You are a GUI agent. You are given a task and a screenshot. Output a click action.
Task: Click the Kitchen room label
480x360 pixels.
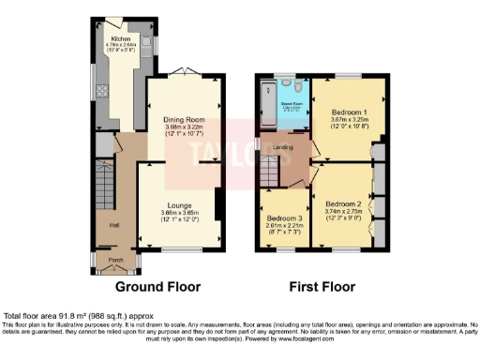[120, 39]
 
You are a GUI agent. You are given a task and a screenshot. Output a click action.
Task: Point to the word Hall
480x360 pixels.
[112, 225]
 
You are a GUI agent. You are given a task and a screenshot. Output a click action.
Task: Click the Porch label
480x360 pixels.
[115, 260]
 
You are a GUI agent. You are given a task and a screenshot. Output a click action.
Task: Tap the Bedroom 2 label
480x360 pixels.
[343, 203]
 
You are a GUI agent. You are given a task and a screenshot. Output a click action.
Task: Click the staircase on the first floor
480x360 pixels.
[271, 172]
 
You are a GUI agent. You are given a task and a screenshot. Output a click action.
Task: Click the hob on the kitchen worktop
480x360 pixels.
[101, 93]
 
